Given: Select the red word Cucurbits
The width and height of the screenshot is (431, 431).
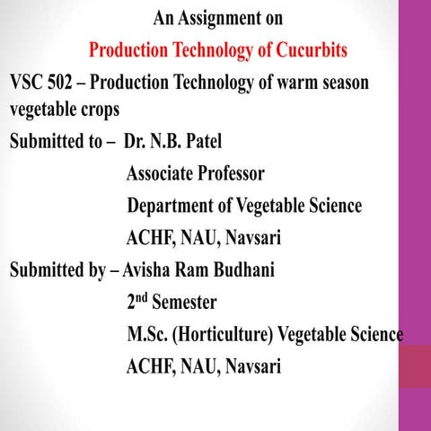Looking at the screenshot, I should pos(305,48).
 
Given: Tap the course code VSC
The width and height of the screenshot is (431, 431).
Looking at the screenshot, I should pos(28,82).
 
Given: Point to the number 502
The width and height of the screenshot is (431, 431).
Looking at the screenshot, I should pos(67,82).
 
